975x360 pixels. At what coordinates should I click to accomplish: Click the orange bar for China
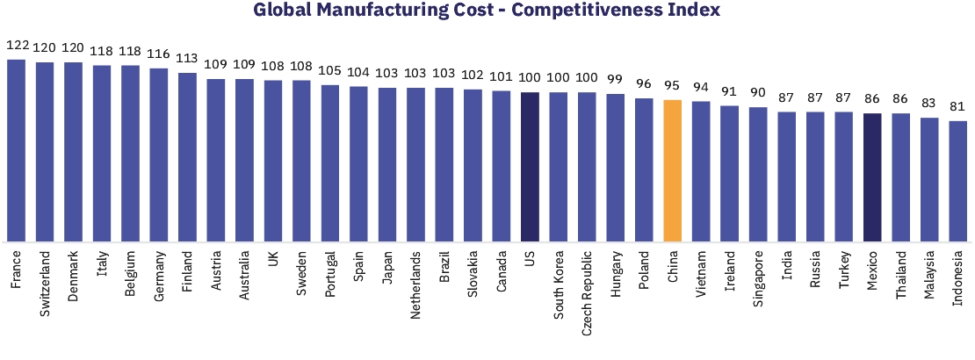[672, 170]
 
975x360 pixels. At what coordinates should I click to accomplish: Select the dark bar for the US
[530, 167]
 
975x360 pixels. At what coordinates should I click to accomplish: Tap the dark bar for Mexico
[872, 176]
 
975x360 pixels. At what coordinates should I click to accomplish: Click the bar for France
[16, 150]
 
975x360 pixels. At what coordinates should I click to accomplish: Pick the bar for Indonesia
[958, 181]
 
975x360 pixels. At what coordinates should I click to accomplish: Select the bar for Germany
[159, 155]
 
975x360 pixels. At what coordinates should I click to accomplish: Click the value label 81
[958, 106]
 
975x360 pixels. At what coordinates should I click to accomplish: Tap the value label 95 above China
[672, 85]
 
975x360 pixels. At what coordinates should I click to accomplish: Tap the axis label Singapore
[758, 284]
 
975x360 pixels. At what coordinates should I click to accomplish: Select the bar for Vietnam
[701, 171]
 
